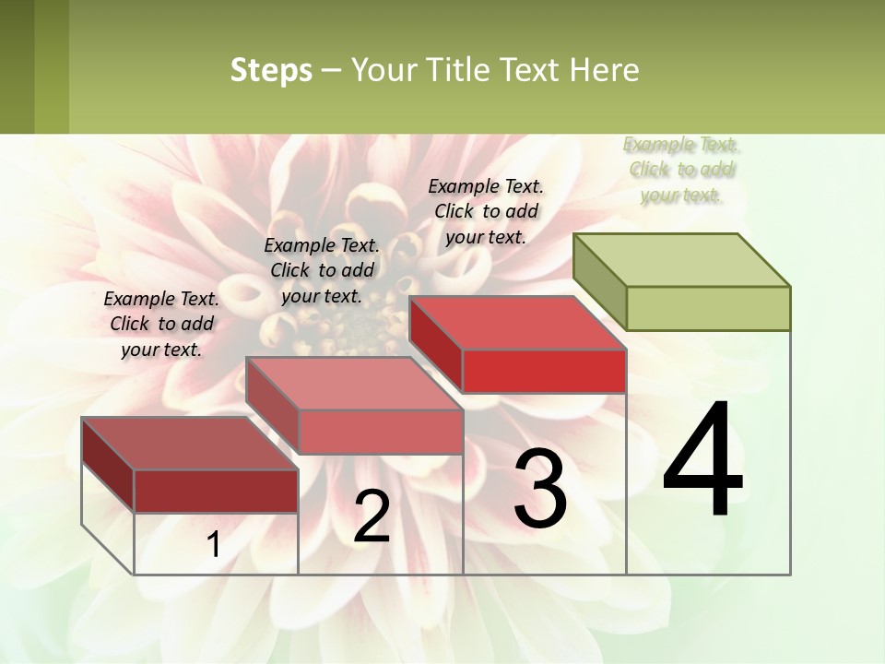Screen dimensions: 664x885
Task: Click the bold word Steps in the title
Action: [271, 70]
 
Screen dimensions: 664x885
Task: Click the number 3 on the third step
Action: [540, 489]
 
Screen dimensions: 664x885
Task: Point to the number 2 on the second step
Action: [372, 516]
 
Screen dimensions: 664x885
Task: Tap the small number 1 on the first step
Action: [213, 545]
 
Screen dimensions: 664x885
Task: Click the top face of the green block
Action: [682, 260]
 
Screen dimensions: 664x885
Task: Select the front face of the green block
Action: [708, 308]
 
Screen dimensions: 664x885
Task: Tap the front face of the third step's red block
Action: [544, 371]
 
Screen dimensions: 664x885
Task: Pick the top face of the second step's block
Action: [354, 384]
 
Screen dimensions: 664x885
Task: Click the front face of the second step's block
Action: [380, 432]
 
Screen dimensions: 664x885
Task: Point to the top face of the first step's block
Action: [190, 444]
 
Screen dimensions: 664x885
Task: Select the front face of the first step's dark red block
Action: [216, 491]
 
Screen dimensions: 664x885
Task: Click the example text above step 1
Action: [161, 325]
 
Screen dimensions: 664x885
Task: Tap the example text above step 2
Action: [322, 271]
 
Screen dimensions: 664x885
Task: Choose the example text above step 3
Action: [486, 212]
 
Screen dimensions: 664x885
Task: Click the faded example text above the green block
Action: [681, 170]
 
